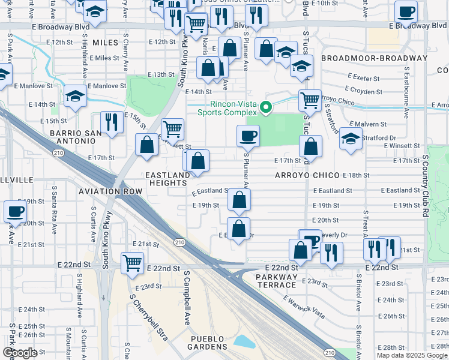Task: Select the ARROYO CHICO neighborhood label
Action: pyautogui.click(x=308, y=175)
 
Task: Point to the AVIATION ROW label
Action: pyautogui.click(x=110, y=191)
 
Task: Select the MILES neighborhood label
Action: pyautogui.click(x=105, y=42)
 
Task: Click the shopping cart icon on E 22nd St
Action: pyautogui.click(x=132, y=262)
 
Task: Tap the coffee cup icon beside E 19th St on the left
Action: pyautogui.click(x=15, y=211)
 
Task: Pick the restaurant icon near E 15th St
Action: pyautogui.click(x=112, y=122)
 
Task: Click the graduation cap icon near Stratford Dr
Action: pyautogui.click(x=351, y=139)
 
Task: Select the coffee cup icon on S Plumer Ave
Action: pyautogui.click(x=248, y=136)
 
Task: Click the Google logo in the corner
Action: pyautogui.click(x=20, y=353)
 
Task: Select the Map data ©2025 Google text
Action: pyautogui.click(x=412, y=355)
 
